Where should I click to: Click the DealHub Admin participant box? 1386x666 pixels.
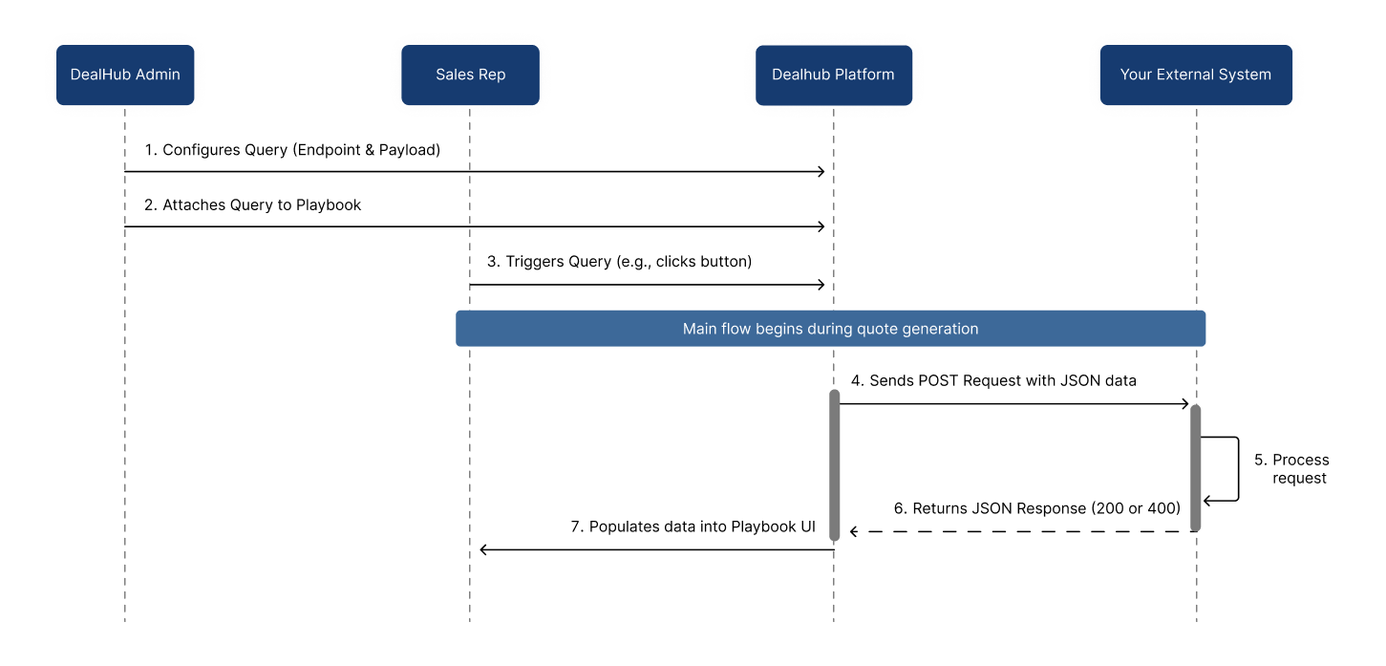pos(125,75)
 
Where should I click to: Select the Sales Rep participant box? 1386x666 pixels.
pos(470,75)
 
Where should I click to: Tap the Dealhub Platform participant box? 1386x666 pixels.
pos(834,75)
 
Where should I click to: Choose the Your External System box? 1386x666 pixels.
pos(1196,75)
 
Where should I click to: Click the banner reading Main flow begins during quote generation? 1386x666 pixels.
pos(830,329)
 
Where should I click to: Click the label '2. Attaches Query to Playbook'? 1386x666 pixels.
pos(252,204)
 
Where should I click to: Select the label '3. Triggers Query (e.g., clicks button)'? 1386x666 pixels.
pos(619,261)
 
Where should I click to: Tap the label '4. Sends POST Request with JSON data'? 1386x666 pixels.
pos(993,380)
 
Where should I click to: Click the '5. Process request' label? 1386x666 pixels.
pos(1292,468)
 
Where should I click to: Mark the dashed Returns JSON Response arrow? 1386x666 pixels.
pos(1023,531)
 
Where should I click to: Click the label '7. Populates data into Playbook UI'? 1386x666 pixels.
pos(693,526)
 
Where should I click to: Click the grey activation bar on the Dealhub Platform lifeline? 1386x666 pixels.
pos(834,465)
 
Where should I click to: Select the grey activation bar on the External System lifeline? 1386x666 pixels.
pos(1195,468)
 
